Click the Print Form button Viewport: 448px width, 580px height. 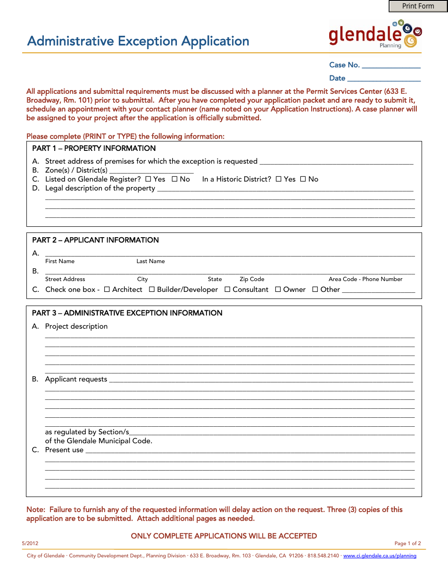tap(418, 6)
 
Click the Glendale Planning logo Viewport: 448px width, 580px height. tap(375, 34)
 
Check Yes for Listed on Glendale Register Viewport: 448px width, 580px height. tap(148, 179)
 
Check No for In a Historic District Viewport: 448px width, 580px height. tap(303, 179)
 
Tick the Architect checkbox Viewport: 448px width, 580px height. tap(107, 290)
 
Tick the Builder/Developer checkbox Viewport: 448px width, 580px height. tap(152, 290)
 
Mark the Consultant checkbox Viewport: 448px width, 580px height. tap(227, 290)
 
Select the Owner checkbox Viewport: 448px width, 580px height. tap(278, 290)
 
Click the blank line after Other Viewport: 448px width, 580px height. tap(378, 290)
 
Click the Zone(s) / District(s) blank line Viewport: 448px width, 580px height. tap(151, 171)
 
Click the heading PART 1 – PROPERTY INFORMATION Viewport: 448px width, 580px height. tap(94, 149)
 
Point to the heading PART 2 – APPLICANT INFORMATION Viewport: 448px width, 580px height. tap(95, 240)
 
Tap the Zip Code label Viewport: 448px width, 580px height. tap(252, 279)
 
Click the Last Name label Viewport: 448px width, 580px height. tap(150, 261)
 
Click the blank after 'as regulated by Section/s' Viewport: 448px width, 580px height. tap(272, 433)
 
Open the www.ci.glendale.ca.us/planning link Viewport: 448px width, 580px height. tap(380, 556)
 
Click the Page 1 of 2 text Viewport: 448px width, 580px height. tap(407, 543)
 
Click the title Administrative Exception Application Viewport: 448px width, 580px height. tap(138, 41)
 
